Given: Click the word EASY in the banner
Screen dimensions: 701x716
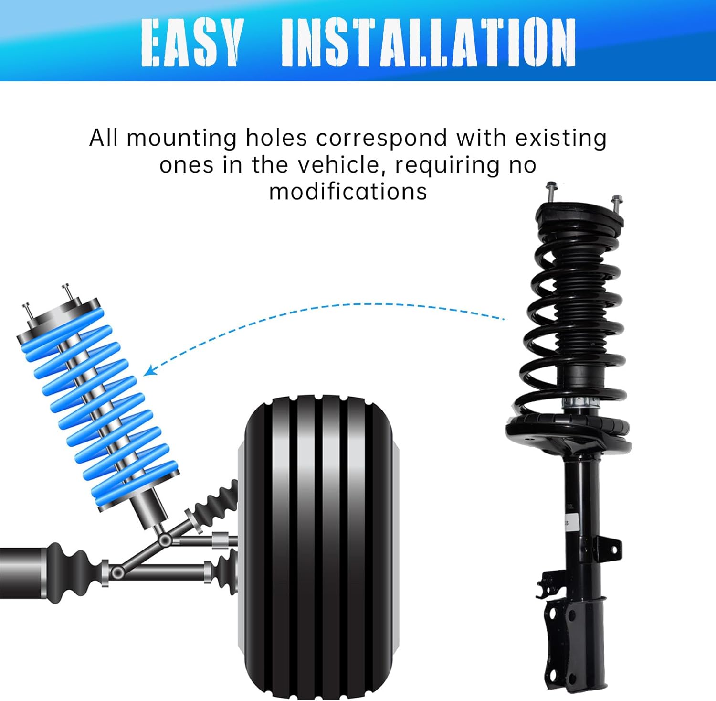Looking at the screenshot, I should [x=191, y=42].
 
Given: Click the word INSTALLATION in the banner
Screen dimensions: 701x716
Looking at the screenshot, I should [x=428, y=42].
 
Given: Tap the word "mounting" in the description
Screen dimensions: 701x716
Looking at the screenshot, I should [x=182, y=139].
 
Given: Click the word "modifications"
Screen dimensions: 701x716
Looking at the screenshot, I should [x=348, y=192].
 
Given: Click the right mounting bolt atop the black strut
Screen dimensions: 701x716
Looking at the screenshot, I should [x=616, y=204].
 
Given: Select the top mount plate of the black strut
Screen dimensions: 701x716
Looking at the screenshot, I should [x=579, y=217].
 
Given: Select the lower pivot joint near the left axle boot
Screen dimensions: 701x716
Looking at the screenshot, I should [x=117, y=572].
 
